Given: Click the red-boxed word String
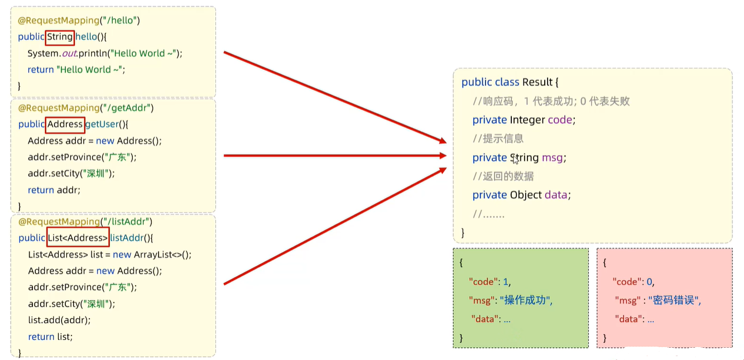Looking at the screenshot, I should click(60, 37).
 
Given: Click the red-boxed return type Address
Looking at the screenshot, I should click(65, 124).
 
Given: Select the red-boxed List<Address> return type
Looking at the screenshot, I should click(78, 238).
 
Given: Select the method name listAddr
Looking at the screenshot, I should click(126, 238).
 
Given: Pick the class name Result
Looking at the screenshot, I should click(537, 82).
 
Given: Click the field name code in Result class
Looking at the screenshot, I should click(560, 120).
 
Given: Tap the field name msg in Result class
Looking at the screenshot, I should click(553, 158).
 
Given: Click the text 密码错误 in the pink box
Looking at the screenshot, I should click(674, 300).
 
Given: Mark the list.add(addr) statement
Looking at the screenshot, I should click(59, 320).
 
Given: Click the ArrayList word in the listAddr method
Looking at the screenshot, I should click(153, 255).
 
